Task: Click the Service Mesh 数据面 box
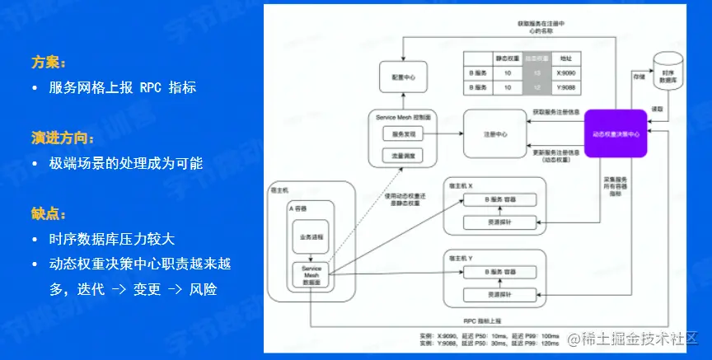pos(311,275)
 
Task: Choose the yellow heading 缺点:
pos(49,213)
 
